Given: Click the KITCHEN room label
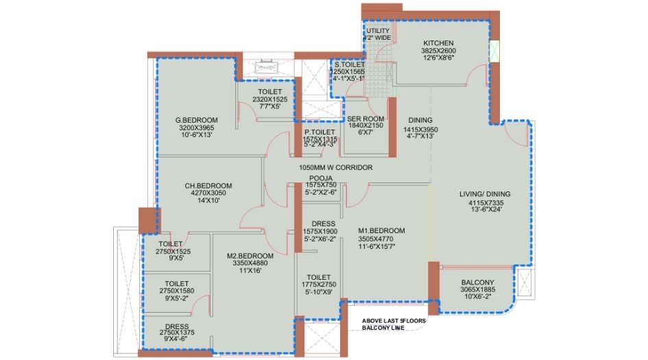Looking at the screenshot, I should point(439,43).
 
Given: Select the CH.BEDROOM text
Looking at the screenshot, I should point(208,185).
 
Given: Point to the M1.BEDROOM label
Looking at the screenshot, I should point(381,230).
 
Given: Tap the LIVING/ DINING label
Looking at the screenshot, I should point(485,194).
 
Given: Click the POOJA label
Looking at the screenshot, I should point(320,177).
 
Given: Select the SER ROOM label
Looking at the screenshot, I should point(365,118).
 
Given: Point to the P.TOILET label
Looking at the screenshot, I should point(320,132).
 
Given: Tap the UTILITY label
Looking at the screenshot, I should point(378,31).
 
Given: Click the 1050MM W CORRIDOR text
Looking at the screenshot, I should point(335,167).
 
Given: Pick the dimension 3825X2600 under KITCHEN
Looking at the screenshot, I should point(439,51).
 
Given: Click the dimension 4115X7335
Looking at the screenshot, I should point(485,203).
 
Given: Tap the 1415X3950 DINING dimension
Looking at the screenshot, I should point(420,129).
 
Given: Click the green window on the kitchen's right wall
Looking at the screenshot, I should point(495,50).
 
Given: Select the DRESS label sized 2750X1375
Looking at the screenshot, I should point(177,326).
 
